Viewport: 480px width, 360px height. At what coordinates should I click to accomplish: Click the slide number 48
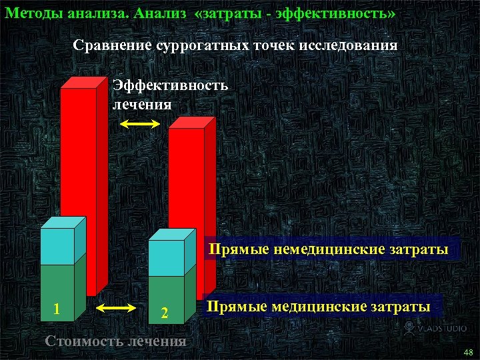click(467, 351)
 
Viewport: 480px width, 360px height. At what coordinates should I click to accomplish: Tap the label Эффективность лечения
click(169, 95)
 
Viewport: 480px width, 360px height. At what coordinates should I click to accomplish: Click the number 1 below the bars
click(57, 309)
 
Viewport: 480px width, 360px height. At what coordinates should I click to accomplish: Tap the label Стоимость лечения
click(115, 341)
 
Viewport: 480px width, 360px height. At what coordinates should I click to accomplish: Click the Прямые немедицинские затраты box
click(330, 250)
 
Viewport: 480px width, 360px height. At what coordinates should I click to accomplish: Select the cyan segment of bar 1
click(57, 246)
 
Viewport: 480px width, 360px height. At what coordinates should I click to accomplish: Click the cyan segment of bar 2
click(165, 258)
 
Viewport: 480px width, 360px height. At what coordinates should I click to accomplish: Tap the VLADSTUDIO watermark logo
click(437, 327)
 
